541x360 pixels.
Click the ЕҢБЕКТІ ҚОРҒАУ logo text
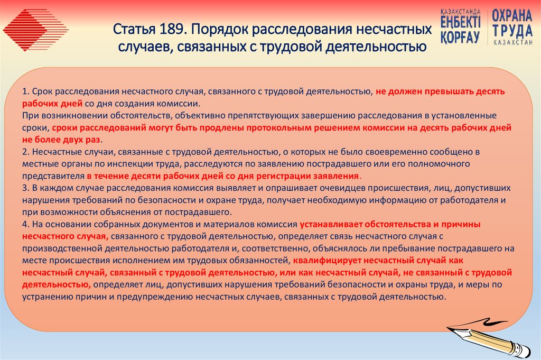pyautogui.click(x=460, y=26)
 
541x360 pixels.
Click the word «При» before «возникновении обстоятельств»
pyautogui.click(x=30, y=115)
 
